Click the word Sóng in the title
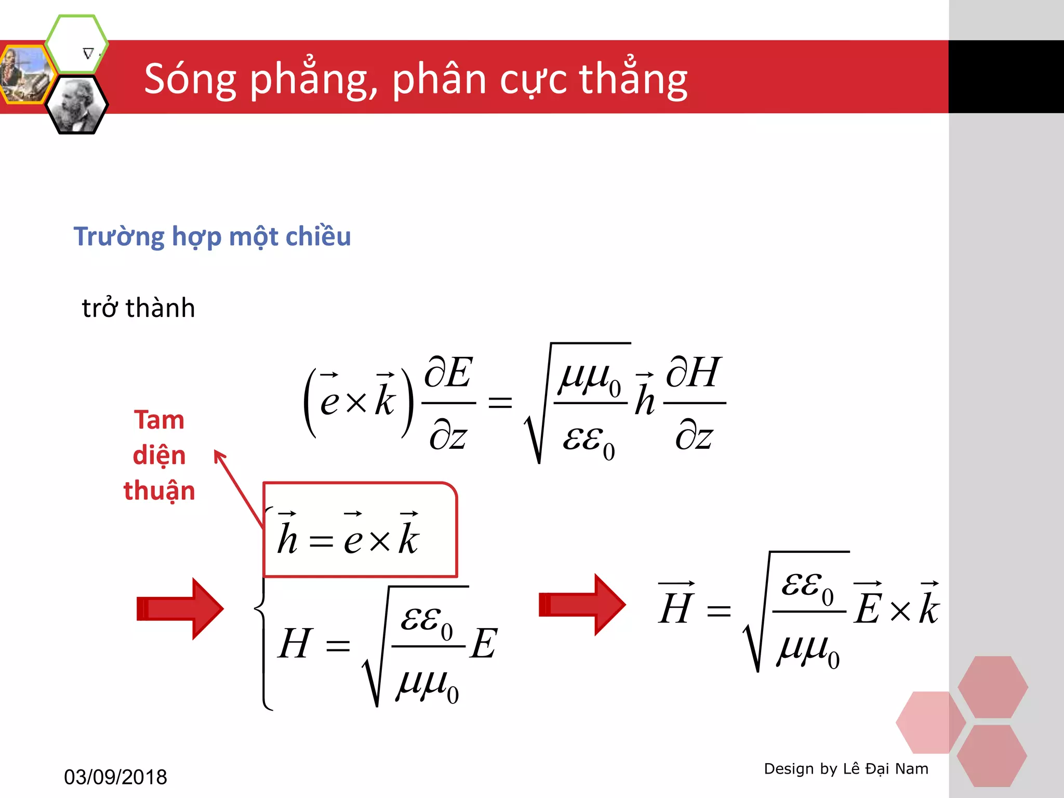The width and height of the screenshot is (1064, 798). [190, 79]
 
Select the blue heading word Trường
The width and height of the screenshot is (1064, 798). [119, 237]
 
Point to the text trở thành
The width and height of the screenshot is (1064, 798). [138, 308]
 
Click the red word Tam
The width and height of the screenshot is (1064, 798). [159, 420]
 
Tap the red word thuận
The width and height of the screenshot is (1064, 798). [159, 491]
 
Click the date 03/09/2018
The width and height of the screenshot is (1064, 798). [115, 777]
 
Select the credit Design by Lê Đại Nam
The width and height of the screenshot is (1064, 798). [846, 768]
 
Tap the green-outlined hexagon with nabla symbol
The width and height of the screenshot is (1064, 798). [77, 44]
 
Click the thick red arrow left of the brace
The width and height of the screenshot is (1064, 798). [180, 608]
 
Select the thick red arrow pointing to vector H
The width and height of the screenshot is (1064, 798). [582, 605]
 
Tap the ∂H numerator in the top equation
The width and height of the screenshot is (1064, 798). [694, 373]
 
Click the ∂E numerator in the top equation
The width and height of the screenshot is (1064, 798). [448, 373]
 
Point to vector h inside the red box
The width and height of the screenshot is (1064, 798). [287, 535]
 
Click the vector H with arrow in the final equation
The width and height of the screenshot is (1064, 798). [676, 604]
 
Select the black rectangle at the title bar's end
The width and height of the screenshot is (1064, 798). [1006, 77]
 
